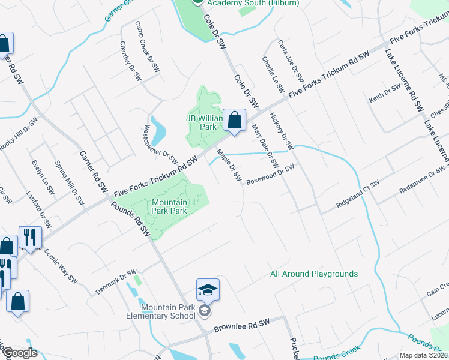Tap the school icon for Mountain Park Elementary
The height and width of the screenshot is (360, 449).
[x=208, y=291]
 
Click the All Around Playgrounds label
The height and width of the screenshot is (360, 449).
[x=314, y=274]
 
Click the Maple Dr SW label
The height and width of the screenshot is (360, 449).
[x=229, y=166]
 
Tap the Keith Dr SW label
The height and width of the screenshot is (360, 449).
[x=385, y=94]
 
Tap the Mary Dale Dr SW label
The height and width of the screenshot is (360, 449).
[x=266, y=146]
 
